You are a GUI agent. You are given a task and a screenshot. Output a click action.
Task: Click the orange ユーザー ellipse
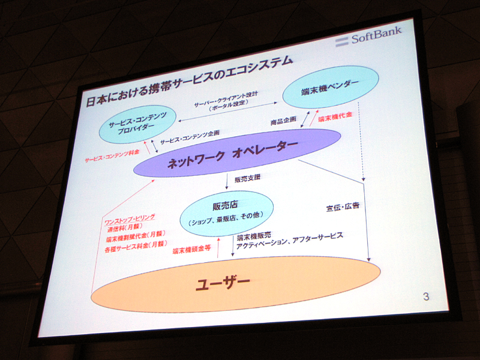[233, 283]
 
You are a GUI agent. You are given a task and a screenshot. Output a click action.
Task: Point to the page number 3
[425, 296]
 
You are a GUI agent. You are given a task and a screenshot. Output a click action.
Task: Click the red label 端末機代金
[335, 118]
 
